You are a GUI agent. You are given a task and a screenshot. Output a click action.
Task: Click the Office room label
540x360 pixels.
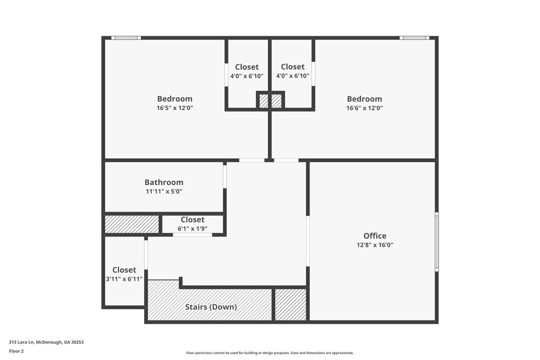(375, 236)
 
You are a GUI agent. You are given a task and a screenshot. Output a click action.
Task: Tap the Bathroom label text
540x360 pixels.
(164, 182)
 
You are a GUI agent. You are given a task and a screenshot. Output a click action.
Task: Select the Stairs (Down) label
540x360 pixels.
(211, 307)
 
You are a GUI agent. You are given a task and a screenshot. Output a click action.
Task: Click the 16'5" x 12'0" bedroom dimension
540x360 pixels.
(174, 108)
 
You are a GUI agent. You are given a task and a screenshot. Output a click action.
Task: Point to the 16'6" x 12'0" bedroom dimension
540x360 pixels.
(364, 108)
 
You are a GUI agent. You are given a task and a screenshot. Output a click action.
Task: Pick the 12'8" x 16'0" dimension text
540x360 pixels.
(375, 245)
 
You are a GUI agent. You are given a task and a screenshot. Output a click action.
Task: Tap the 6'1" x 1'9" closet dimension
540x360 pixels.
(193, 229)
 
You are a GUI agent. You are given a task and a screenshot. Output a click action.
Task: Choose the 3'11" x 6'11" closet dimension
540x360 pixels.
(124, 279)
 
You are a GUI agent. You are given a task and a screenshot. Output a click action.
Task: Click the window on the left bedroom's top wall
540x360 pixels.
(126, 38)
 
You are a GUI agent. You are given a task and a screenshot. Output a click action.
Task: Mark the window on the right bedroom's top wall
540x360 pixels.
(414, 38)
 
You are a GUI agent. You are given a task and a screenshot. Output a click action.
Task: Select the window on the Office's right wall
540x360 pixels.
(437, 241)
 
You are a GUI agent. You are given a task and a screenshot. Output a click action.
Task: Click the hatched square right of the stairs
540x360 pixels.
(291, 304)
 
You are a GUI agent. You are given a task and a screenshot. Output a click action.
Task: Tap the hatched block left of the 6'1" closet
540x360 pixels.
(132, 225)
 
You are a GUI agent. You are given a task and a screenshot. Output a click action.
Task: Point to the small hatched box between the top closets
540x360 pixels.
(270, 101)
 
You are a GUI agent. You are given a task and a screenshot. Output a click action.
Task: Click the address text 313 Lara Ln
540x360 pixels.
(46, 342)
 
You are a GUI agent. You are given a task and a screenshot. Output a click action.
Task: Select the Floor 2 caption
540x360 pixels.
(16, 351)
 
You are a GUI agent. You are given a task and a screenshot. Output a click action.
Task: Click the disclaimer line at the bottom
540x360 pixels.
(269, 353)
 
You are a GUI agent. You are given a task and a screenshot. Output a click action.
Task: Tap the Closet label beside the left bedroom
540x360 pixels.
(247, 67)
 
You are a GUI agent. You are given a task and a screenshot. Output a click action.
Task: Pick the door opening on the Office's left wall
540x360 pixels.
(308, 241)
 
